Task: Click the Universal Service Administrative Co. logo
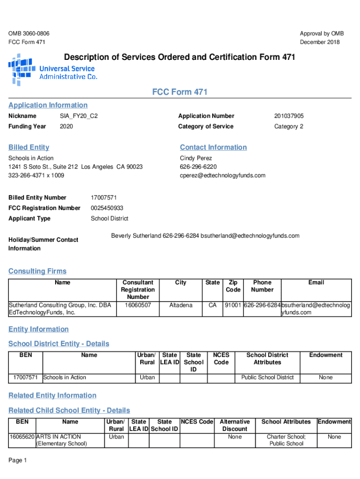point(52,70)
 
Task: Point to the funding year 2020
point(66,127)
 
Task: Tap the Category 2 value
point(289,127)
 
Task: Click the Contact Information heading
point(213,147)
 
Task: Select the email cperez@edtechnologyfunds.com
point(223,175)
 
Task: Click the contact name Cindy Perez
point(196,158)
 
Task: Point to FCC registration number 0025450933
point(107,208)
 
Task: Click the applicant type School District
point(109,218)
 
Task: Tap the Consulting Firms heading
point(37,271)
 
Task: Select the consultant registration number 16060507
point(138,305)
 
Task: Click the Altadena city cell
point(180,305)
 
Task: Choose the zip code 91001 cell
point(233,305)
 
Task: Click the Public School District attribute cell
point(267,377)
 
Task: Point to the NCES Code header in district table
point(221,359)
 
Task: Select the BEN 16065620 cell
point(22,437)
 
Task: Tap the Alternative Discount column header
point(235,425)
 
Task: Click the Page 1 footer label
point(18,461)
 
